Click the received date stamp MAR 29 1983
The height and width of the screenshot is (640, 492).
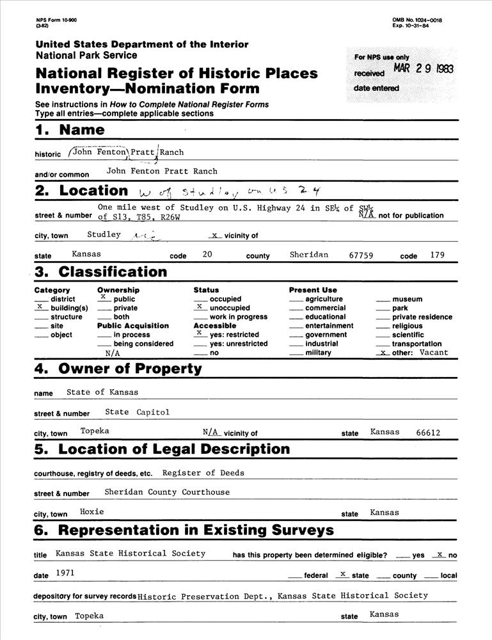point(423,69)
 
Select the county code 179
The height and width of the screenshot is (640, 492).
point(438,255)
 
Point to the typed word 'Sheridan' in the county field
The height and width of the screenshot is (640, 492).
point(308,255)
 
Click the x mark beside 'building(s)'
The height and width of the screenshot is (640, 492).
point(40,307)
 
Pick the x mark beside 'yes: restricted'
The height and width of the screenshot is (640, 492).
point(199,333)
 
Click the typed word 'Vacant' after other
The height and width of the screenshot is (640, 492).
point(434,352)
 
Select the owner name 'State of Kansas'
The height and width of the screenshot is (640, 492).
point(102,392)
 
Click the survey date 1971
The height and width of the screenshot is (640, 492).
point(65,573)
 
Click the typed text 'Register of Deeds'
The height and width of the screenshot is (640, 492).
point(203,473)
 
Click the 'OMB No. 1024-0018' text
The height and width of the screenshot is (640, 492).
point(417,20)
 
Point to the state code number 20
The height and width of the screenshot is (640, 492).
point(207,255)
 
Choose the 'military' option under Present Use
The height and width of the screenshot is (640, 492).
point(318,353)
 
